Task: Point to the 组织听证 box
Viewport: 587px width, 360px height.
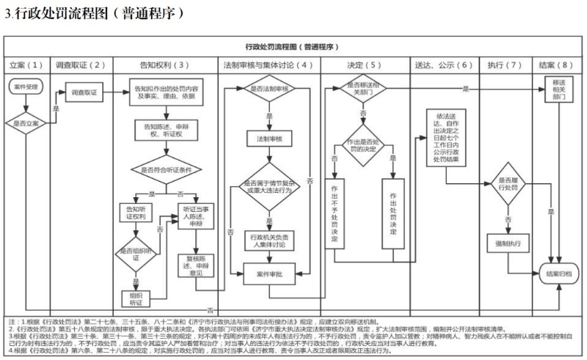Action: point(135,297)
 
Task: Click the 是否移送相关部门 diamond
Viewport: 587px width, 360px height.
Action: point(361,89)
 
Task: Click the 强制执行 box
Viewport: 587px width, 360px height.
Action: point(507,242)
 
